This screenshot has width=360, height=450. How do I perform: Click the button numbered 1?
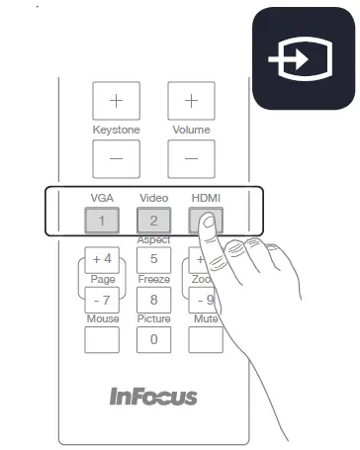[103, 221]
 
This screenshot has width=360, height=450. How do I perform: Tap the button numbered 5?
[153, 260]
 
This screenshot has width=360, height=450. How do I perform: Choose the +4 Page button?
[103, 260]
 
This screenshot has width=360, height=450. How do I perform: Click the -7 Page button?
[103, 300]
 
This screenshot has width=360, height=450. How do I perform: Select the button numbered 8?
[153, 300]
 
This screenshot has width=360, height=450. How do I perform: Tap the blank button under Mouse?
[103, 339]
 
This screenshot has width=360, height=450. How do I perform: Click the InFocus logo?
[153, 397]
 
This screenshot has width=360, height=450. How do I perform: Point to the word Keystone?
[117, 130]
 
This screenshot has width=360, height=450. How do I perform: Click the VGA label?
[103, 199]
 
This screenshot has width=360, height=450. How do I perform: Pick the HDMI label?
[206, 199]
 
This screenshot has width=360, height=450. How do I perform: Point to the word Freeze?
[153, 280]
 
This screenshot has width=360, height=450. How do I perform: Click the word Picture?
[153, 319]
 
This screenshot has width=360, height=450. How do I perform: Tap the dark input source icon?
[303, 59]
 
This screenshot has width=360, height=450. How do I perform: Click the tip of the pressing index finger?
[207, 224]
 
